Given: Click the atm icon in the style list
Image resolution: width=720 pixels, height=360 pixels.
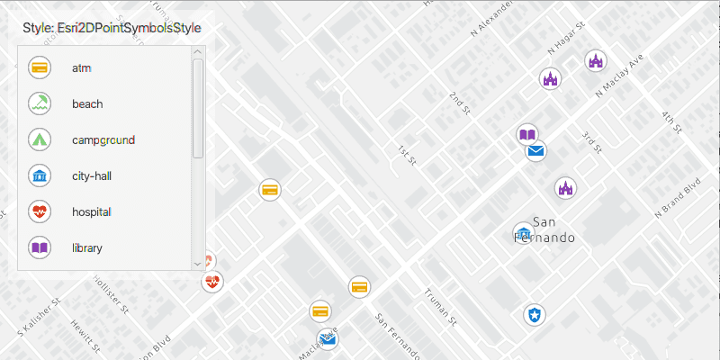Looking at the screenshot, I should (40, 67).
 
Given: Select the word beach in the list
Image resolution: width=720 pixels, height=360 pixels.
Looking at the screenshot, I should (87, 103).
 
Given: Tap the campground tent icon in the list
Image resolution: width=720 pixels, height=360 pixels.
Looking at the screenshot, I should (40, 139).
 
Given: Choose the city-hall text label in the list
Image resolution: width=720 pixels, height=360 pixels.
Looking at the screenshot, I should (91, 175).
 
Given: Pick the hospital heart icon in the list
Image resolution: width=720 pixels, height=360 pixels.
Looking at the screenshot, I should (40, 211).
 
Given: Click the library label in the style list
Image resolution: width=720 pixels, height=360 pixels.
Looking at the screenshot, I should (87, 247).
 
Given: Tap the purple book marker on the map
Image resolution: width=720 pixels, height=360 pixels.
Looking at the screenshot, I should (527, 135).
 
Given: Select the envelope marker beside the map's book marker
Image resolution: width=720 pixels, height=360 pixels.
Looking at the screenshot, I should (536, 151).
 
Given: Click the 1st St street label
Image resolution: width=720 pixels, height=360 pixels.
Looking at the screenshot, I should (407, 156).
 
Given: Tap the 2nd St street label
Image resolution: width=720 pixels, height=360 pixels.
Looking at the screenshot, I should (461, 103).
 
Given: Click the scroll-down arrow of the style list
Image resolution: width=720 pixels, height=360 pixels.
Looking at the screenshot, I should (198, 264).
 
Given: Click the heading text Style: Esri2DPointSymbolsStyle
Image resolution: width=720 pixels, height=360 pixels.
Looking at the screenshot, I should (112, 28).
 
